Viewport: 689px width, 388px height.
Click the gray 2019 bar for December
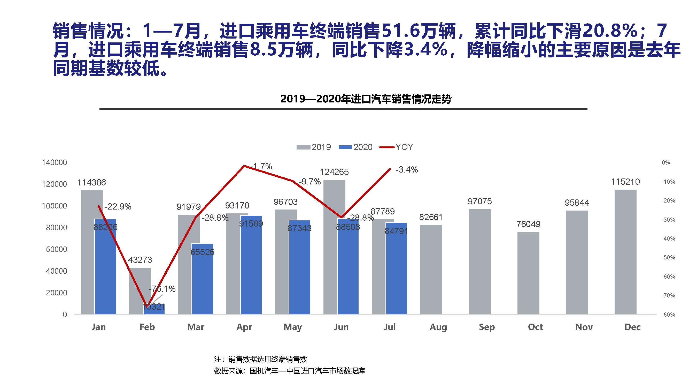[625, 252]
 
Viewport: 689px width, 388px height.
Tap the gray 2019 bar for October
[528, 273]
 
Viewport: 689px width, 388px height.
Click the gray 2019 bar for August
[431, 269]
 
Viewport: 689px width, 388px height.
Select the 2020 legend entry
[356, 147]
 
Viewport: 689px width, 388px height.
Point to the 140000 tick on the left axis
[54, 162]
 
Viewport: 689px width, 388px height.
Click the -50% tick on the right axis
[668, 258]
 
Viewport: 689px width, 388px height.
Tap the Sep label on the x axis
[487, 327]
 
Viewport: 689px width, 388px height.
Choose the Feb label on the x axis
[147, 327]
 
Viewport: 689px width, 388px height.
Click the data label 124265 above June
[334, 172]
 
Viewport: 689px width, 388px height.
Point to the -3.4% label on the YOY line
[407, 169]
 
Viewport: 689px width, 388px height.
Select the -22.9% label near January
[118, 207]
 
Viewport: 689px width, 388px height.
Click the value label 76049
[528, 224]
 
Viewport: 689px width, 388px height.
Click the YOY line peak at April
[244, 166]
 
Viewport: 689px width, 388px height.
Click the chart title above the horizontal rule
[366, 99]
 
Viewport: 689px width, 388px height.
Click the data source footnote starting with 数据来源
[289, 371]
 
